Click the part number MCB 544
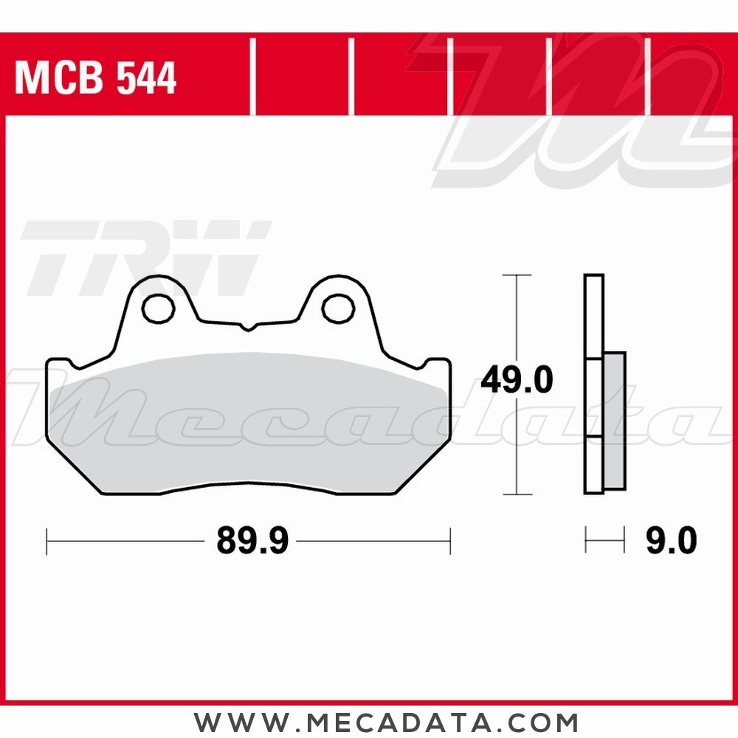(x=95, y=78)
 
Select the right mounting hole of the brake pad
(x=339, y=307)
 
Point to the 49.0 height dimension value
(x=516, y=381)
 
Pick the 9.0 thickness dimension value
(x=671, y=542)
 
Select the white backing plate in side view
(x=593, y=317)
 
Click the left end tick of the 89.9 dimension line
(x=47, y=541)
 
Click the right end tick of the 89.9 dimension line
(x=449, y=541)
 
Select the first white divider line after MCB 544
(x=253, y=78)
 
